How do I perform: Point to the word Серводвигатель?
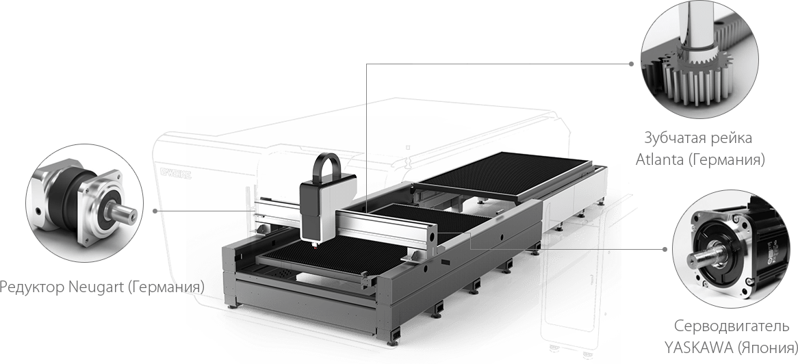click(x=732, y=326)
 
